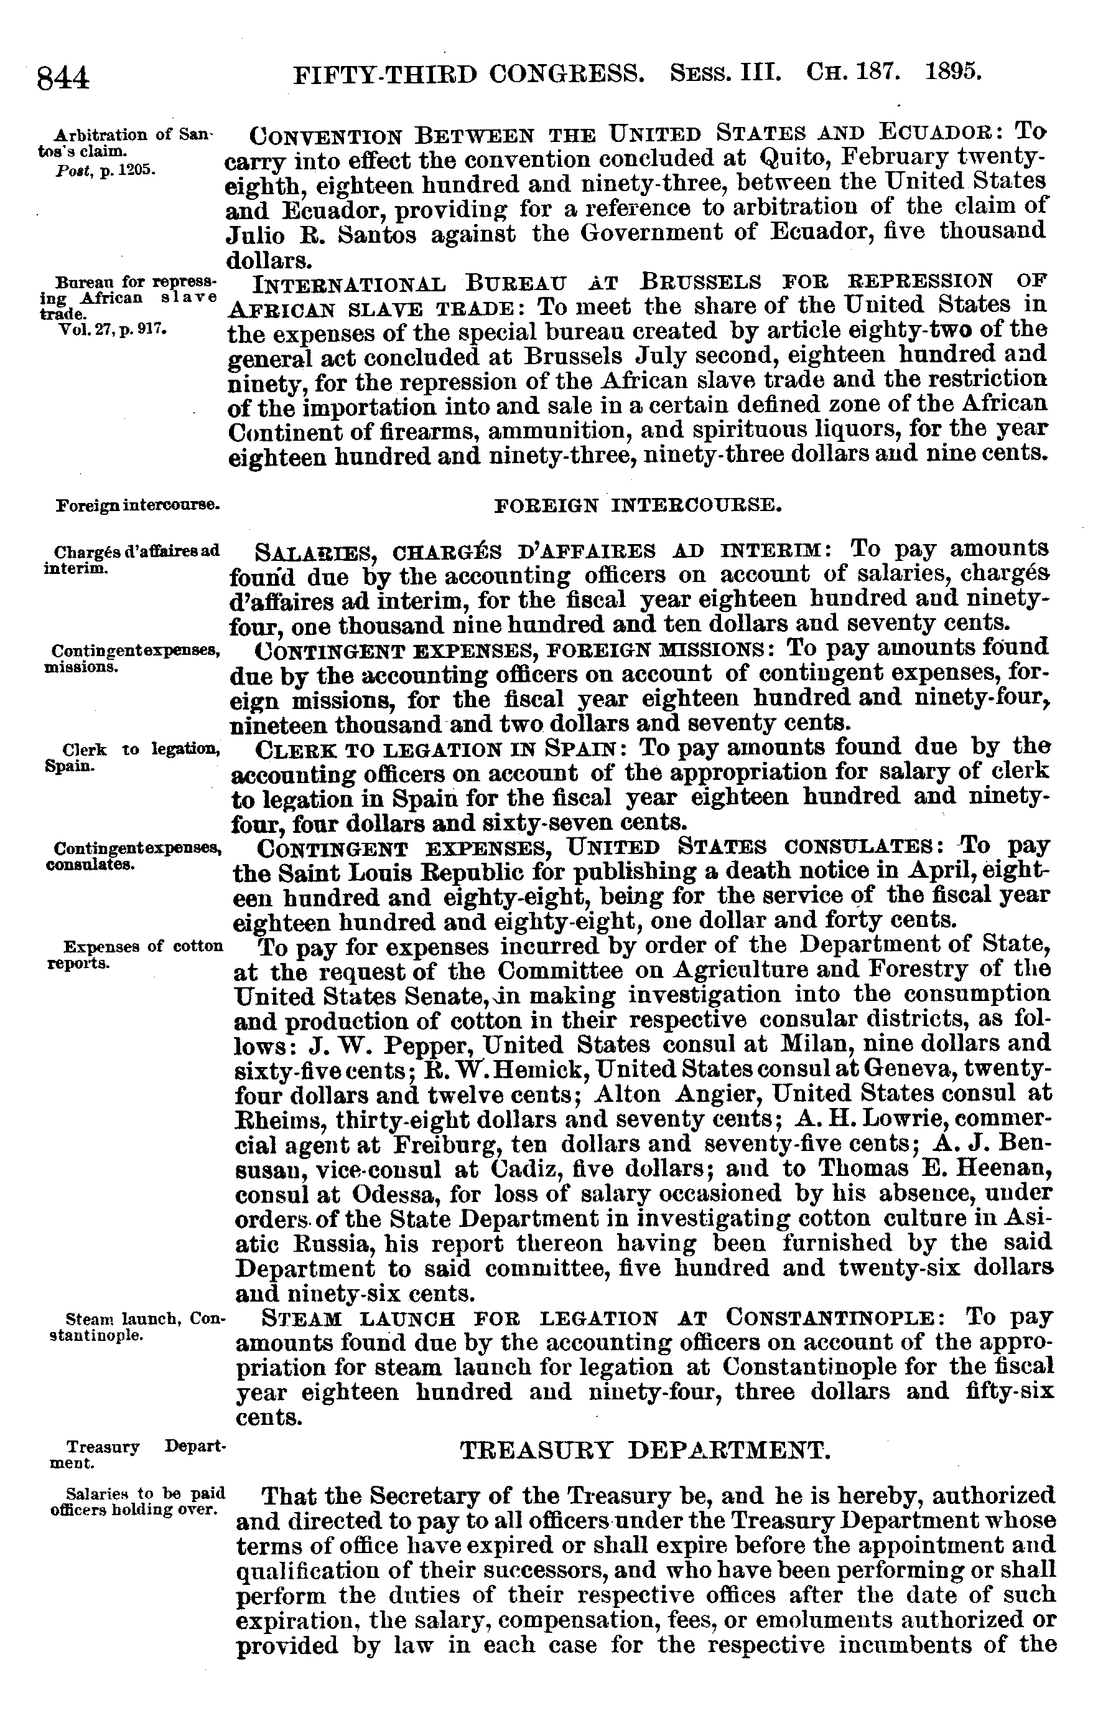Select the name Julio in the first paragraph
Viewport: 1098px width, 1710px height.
coord(254,233)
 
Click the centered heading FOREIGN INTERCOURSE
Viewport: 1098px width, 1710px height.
coord(638,506)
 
